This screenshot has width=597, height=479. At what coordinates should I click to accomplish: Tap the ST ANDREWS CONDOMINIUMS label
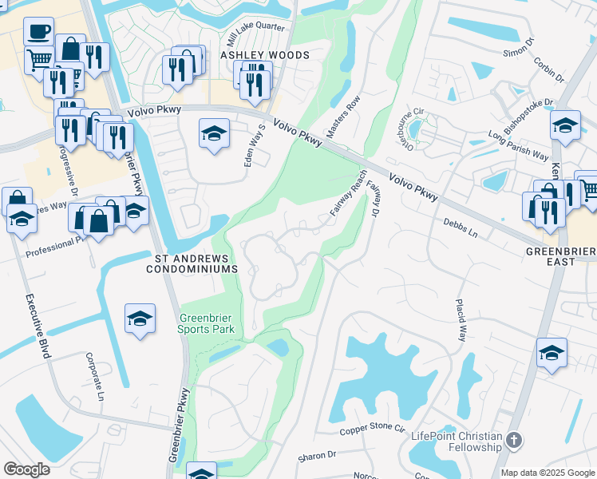tap(192, 263)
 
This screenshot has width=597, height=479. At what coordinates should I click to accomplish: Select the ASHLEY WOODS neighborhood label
tap(265, 55)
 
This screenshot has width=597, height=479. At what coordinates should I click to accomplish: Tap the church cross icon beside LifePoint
tap(514, 439)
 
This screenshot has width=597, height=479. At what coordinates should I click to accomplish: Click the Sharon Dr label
tap(316, 455)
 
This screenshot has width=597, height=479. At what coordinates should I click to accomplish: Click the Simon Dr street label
tap(516, 52)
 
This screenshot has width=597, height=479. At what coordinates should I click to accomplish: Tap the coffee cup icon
tap(38, 33)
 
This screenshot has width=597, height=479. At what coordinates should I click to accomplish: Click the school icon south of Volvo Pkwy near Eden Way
tap(214, 133)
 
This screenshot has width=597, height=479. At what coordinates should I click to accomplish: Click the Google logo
tap(27, 469)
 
